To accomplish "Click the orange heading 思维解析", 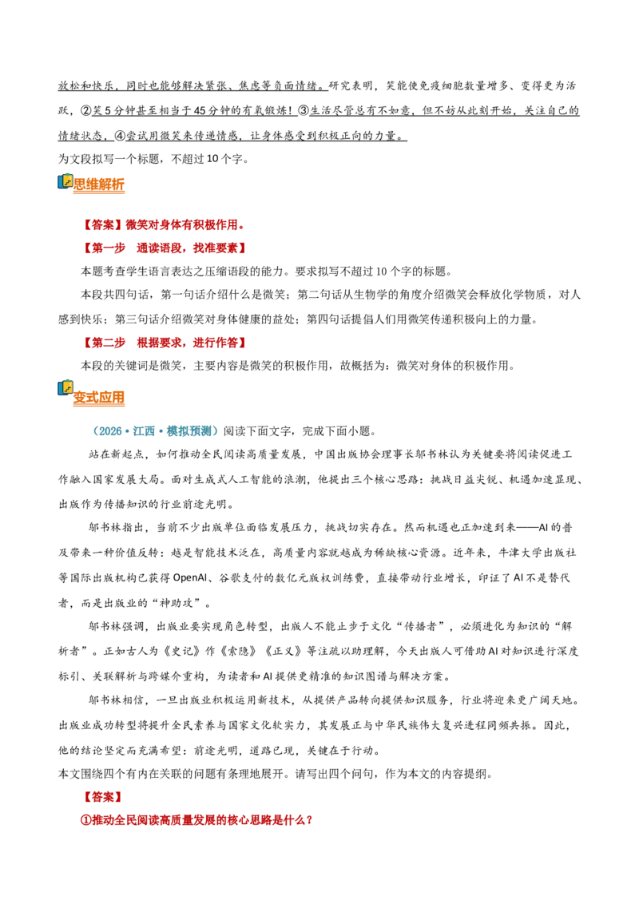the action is point(98,184).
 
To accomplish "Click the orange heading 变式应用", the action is point(98,398).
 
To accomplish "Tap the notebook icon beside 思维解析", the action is point(65,181).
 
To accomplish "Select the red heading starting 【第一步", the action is point(164,248).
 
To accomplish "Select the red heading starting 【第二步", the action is point(164,343).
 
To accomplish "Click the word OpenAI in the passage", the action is point(190,577).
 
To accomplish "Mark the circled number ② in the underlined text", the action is point(86,111).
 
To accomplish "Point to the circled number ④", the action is point(120,136).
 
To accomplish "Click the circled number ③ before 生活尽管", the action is point(304,111).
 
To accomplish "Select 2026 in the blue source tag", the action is point(109,431).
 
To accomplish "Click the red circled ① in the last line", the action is point(86,820).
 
